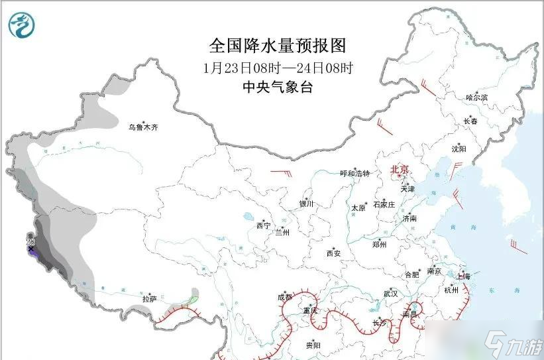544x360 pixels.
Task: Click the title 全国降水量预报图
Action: point(278,46)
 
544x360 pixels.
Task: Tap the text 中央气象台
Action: point(278,87)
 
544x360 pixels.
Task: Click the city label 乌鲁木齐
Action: point(143,127)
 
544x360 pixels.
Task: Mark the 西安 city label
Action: point(333,253)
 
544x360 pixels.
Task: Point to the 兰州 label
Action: point(282,233)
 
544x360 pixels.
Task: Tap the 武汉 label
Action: point(390,293)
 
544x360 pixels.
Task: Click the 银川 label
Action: point(305,204)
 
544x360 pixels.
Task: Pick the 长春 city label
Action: point(470,121)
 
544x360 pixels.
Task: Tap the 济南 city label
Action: point(409,218)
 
